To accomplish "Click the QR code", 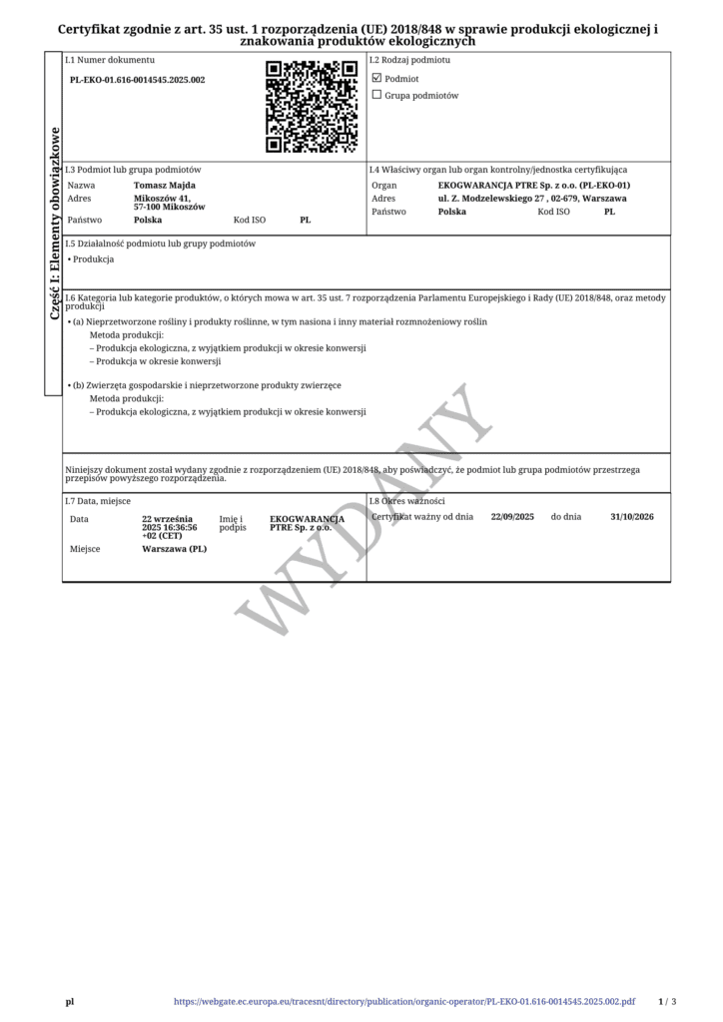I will (312, 107).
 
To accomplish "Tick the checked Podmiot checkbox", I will (376, 78).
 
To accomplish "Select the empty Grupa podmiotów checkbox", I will (376, 96).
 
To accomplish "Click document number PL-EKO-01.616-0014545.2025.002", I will (138, 80).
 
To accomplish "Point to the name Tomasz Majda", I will (165, 185).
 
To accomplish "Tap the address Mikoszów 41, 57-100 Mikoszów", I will (170, 203).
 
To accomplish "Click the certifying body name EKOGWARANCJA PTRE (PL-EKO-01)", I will (534, 185).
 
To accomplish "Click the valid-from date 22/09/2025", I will (513, 517).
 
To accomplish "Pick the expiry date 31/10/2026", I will (632, 517).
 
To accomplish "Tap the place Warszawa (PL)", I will (175, 549).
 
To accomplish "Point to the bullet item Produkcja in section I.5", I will (94, 259).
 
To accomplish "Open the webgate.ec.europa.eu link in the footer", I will (404, 1001).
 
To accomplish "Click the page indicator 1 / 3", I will (667, 1001).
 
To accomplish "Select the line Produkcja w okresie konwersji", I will (158, 361).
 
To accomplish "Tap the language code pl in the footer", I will (70, 1001).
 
